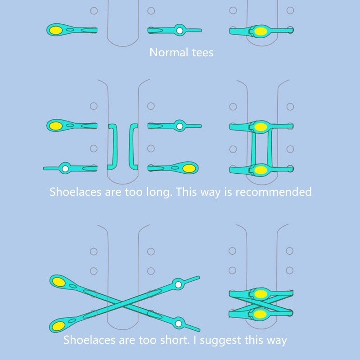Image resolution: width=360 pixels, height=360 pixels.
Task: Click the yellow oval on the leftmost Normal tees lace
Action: click(x=56, y=30)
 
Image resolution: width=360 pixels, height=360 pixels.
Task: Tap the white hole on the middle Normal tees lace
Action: click(x=179, y=31)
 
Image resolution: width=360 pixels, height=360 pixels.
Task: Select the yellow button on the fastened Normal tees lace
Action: click(x=261, y=31)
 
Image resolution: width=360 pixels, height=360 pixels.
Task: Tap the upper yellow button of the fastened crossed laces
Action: click(x=260, y=294)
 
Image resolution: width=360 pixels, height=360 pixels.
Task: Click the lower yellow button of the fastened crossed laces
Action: click(x=260, y=313)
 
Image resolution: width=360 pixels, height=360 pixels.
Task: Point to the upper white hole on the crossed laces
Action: click(x=179, y=284)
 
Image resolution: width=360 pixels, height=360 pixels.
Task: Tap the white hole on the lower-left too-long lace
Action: click(x=65, y=169)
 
